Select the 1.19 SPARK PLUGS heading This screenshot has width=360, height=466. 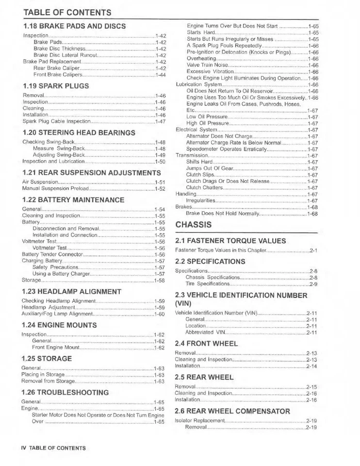(56, 86)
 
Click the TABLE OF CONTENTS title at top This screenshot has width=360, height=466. (67, 12)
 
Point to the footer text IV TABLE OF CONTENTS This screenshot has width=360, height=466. (53, 448)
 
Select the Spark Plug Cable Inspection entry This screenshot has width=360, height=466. (56, 121)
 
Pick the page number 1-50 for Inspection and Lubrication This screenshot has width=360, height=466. (160, 161)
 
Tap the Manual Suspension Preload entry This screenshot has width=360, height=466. (56, 188)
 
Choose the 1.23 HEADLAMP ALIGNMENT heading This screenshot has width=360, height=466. (72, 292)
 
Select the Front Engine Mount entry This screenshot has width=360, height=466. (55, 348)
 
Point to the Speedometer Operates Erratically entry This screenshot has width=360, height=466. (226, 149)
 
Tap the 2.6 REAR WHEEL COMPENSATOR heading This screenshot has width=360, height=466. (232, 411)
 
